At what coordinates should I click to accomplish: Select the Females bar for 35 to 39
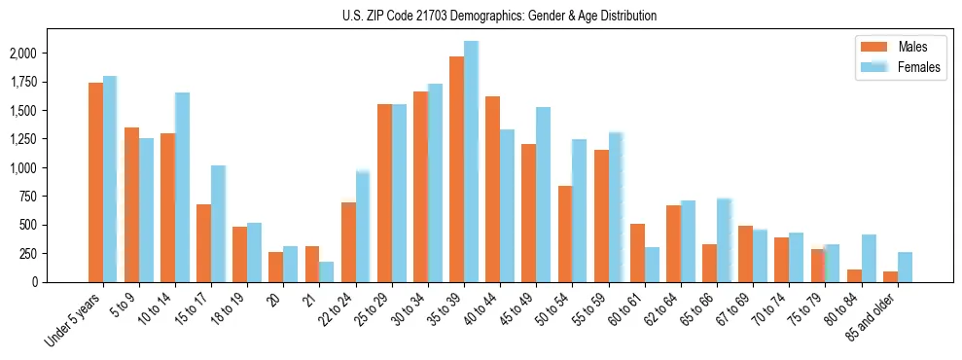[472, 162]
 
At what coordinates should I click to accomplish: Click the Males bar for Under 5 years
[95, 182]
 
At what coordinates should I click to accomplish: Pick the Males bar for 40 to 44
[492, 189]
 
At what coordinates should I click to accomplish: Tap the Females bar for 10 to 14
[183, 187]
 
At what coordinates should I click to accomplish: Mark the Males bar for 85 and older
[890, 276]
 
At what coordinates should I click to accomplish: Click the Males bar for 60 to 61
[636, 253]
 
